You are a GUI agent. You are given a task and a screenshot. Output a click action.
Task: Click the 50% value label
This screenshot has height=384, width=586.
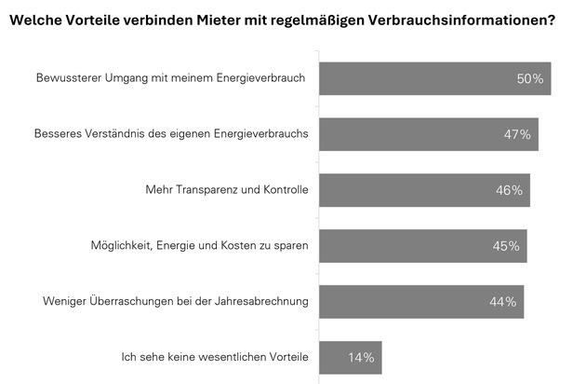tap(529, 78)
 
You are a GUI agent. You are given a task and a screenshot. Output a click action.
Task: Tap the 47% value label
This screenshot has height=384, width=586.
tap(517, 134)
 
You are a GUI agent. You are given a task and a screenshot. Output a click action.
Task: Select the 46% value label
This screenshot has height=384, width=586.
tap(509, 190)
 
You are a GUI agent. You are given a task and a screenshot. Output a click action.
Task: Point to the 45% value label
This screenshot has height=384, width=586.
tap(506, 246)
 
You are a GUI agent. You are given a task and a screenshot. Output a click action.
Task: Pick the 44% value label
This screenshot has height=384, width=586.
tap(503, 302)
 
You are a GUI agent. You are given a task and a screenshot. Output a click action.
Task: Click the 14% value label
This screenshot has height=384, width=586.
tap(361, 357)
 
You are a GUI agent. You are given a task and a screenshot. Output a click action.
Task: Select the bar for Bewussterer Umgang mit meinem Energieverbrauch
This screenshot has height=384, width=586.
tap(419, 78)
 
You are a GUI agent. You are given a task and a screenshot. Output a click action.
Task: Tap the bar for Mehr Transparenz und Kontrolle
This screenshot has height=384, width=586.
tap(409, 190)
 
